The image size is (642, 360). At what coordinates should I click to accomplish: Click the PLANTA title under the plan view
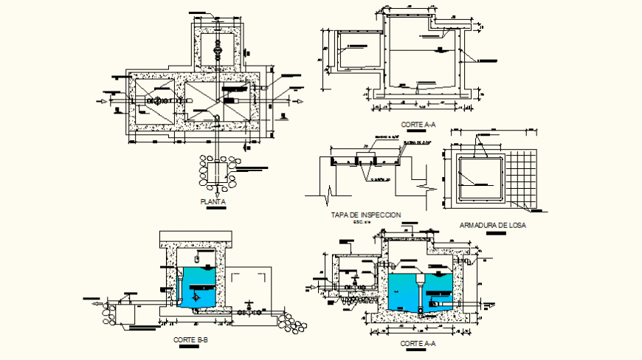pyautogui.click(x=213, y=201)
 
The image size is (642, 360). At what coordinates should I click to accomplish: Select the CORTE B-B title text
pyautogui.click(x=190, y=339)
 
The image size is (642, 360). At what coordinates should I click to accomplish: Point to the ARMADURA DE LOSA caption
pyautogui.click(x=492, y=225)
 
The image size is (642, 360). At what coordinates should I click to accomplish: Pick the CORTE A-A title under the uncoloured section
pyautogui.click(x=418, y=125)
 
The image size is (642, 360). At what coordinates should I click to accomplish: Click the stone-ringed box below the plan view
pyautogui.click(x=217, y=171)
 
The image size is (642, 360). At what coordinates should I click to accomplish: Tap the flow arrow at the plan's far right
pyautogui.click(x=298, y=101)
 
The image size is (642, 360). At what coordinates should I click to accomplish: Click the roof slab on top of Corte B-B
pyautogui.click(x=196, y=238)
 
